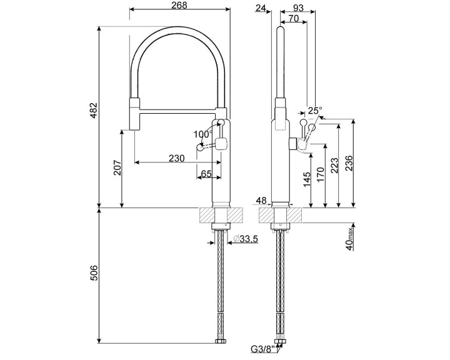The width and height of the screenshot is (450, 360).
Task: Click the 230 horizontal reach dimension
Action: click(177, 159)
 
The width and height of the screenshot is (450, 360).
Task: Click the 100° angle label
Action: click(202, 134)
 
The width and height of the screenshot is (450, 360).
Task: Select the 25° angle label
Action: click(316, 111)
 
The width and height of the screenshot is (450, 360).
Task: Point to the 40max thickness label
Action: click(350, 238)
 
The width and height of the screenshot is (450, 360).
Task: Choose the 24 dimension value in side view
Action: click(261, 7)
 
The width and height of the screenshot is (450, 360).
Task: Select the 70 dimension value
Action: click(293, 19)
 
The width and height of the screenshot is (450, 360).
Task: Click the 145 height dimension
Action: click(306, 179)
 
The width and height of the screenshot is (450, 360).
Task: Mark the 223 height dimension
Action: click(335, 164)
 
